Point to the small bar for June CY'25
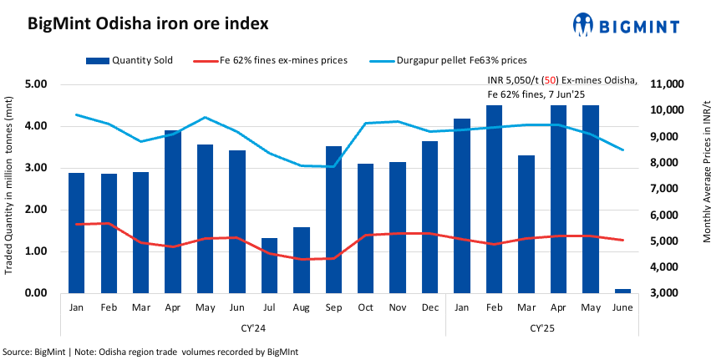click(x=622, y=291)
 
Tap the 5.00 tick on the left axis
click(x=34, y=84)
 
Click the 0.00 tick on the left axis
click(x=34, y=293)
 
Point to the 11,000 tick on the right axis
click(x=665, y=84)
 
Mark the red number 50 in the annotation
click(x=549, y=80)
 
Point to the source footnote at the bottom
click(x=150, y=352)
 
